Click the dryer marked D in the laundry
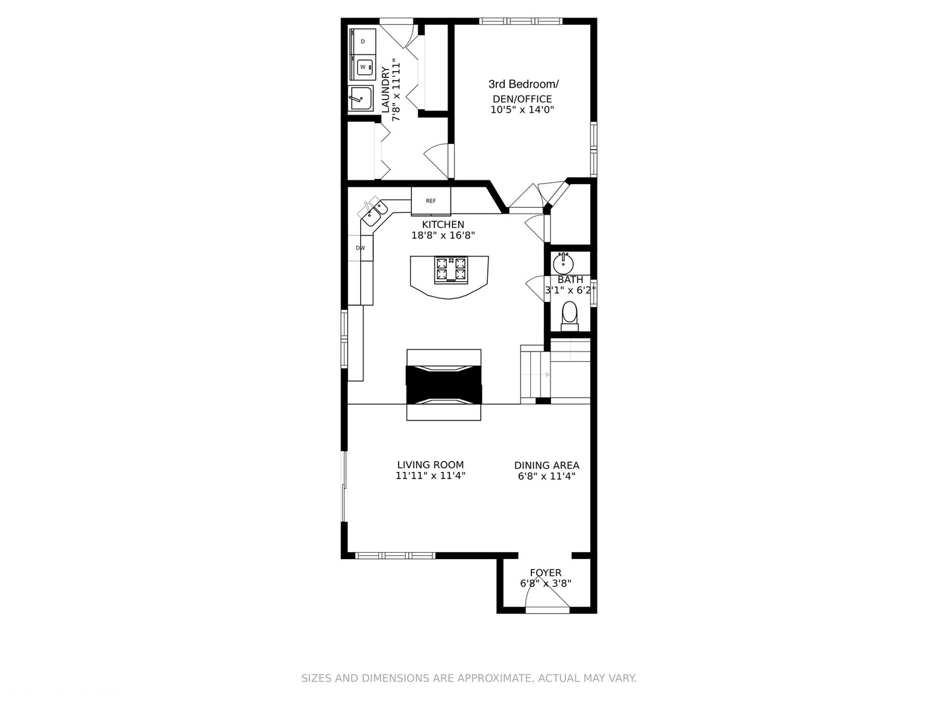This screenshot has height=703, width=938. pyautogui.click(x=363, y=42)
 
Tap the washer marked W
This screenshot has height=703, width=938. pyautogui.click(x=363, y=66)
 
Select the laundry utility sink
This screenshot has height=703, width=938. pyautogui.click(x=360, y=99)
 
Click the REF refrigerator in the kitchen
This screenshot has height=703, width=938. pyautogui.click(x=431, y=200)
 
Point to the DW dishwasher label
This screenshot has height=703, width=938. pyautogui.click(x=360, y=248)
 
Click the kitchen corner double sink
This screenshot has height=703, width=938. pyautogui.click(x=374, y=214)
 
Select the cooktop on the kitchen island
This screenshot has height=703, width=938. pyautogui.click(x=451, y=269)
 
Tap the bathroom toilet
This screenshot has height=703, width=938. pyautogui.click(x=569, y=314)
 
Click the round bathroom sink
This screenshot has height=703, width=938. pyautogui.click(x=563, y=264)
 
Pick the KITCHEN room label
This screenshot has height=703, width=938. pyautogui.click(x=443, y=225)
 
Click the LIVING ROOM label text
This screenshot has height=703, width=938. pyautogui.click(x=431, y=465)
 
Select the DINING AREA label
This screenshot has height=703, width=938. pyautogui.click(x=547, y=465)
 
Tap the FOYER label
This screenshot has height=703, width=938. pyautogui.click(x=545, y=573)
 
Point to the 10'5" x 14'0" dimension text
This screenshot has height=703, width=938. pyautogui.click(x=522, y=110)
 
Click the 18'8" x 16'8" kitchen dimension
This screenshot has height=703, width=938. pyautogui.click(x=443, y=236)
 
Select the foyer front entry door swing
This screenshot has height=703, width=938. pyautogui.click(x=547, y=605)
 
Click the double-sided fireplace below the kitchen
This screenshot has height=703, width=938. pyautogui.click(x=444, y=385)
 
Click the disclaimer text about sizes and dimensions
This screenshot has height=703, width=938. pyautogui.click(x=468, y=678)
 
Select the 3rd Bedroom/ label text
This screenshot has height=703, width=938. pyautogui.click(x=524, y=84)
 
